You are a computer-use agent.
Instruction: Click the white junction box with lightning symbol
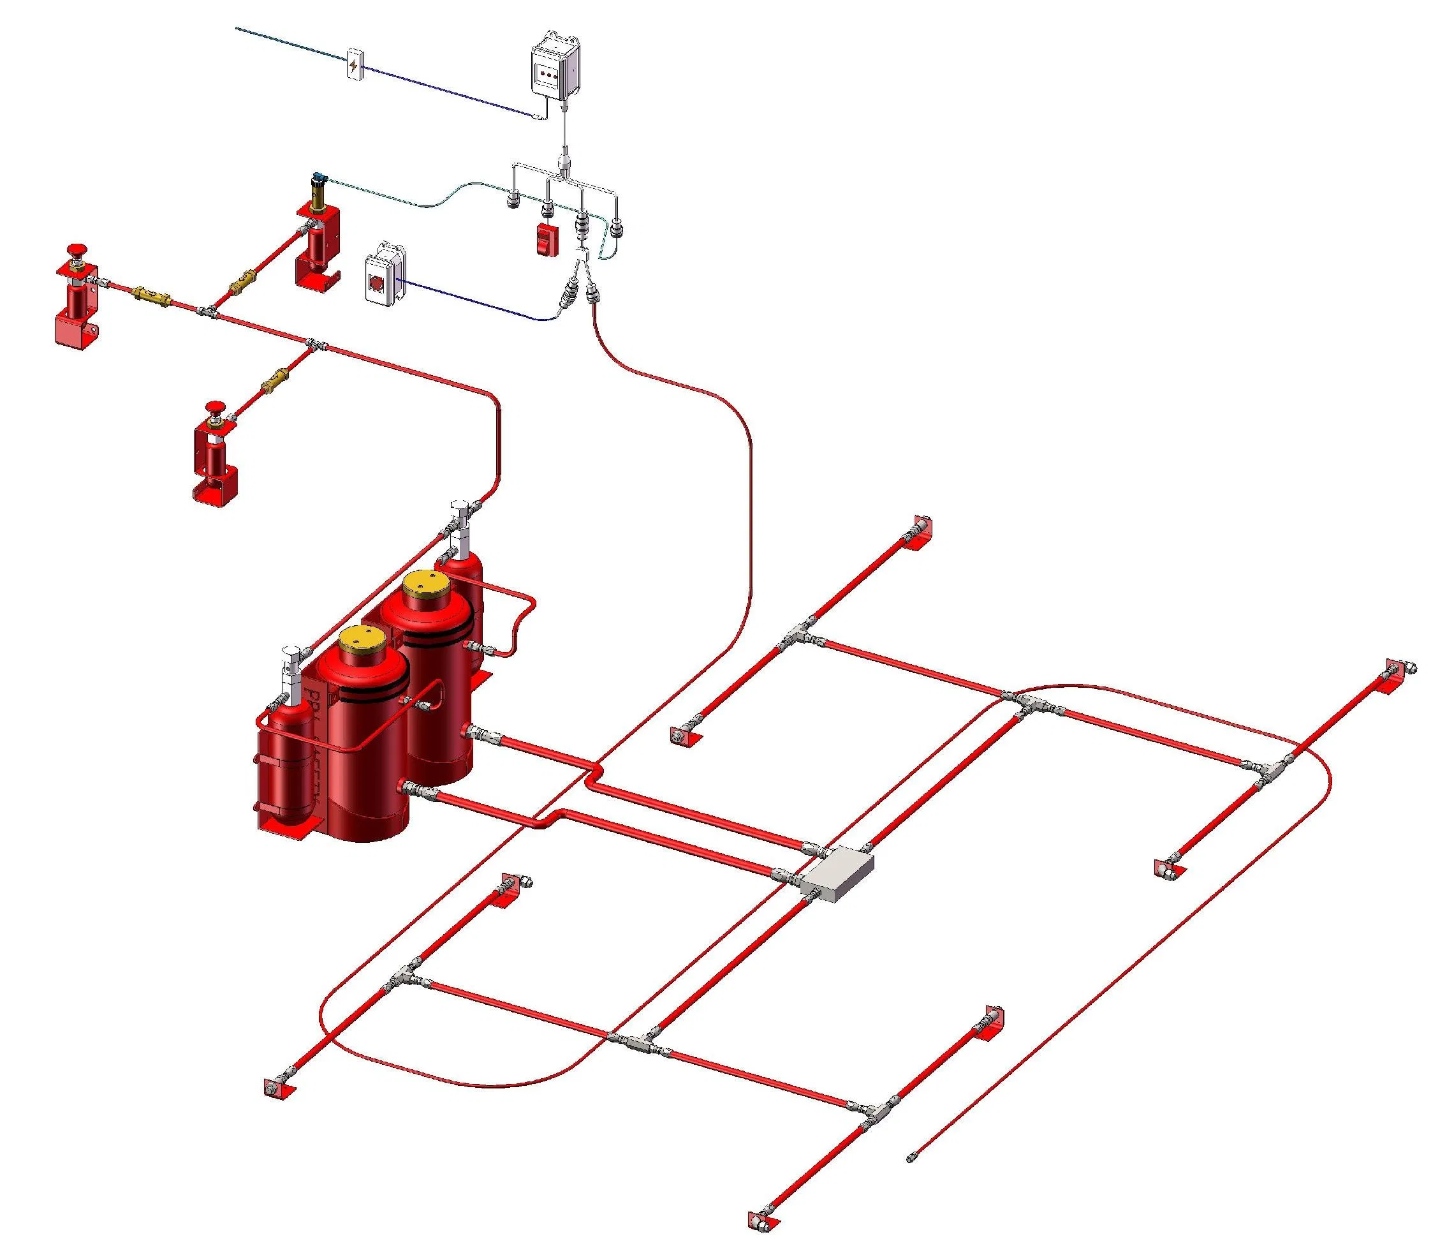(x=355, y=64)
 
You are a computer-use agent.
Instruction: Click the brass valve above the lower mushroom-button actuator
(x=274, y=381)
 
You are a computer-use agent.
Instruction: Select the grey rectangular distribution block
(x=838, y=873)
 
